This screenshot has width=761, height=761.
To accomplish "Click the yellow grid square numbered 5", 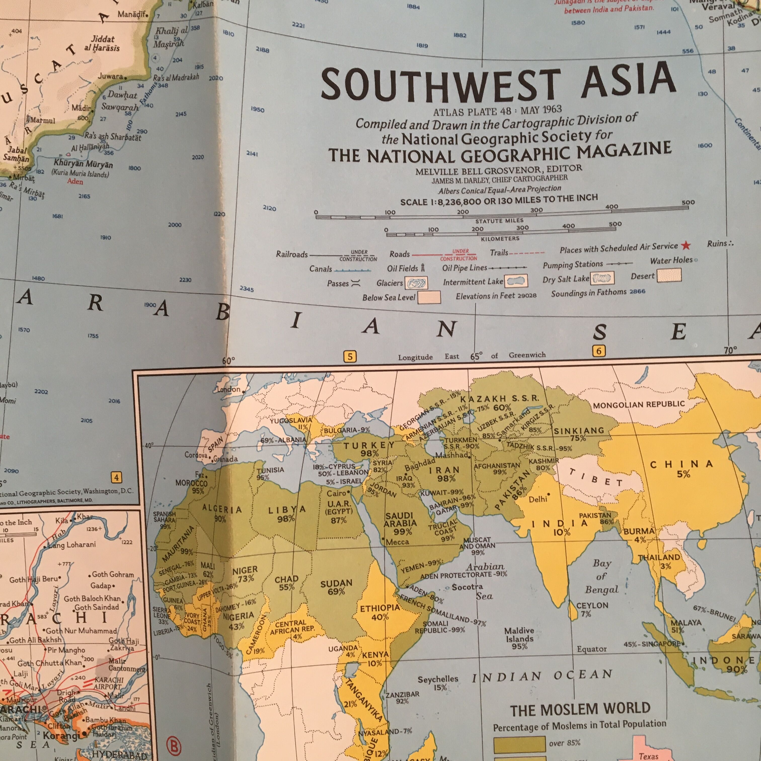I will [x=350, y=357].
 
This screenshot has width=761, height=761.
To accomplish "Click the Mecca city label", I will [x=397, y=542].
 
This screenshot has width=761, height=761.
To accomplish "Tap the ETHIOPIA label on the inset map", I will [x=380, y=608].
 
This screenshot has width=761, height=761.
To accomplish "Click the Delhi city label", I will [x=538, y=499].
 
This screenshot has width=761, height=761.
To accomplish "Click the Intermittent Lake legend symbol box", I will [x=516, y=281].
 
